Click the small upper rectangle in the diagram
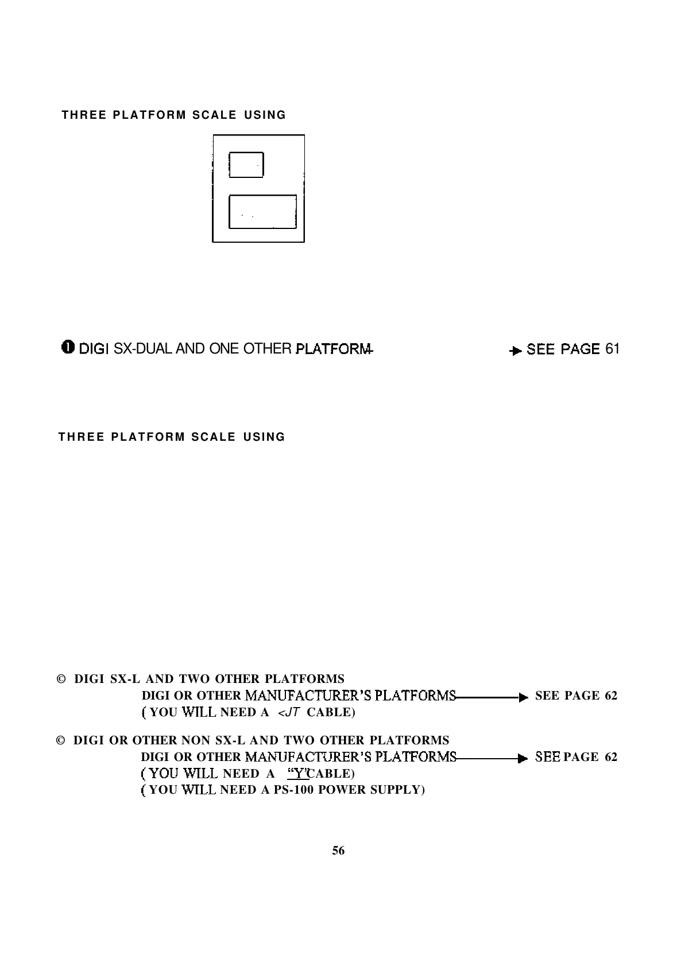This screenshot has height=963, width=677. click(246, 165)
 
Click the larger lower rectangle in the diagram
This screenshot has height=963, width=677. click(262, 211)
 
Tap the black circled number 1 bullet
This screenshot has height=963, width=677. click(68, 348)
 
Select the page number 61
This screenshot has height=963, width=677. click(612, 349)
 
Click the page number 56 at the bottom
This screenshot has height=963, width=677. click(338, 851)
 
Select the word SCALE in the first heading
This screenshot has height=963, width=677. click(214, 115)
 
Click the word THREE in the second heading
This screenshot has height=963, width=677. click(82, 437)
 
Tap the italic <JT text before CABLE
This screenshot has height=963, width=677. click(286, 713)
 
